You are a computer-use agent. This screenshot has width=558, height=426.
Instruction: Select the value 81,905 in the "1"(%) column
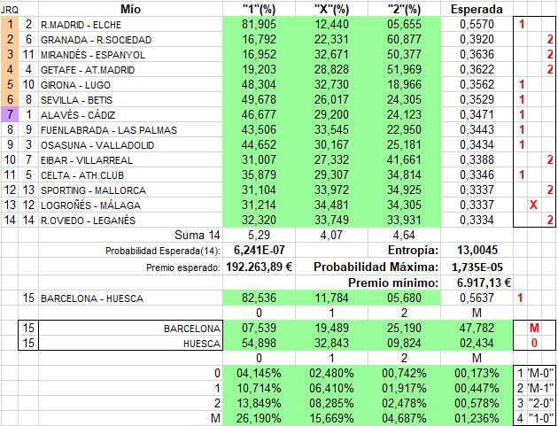pyautogui.click(x=259, y=25)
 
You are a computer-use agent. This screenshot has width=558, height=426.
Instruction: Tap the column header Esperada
pyautogui.click(x=477, y=9)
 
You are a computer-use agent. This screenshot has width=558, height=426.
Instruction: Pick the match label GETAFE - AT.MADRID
pyautogui.click(x=85, y=69)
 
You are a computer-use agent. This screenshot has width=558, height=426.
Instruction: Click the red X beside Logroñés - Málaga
pyautogui.click(x=531, y=205)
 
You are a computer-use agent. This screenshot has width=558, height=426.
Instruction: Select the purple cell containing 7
pyautogui.click(x=9, y=114)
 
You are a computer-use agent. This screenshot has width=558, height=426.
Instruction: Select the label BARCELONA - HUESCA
pyautogui.click(x=92, y=298)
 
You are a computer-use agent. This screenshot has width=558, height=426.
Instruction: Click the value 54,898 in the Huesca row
pyautogui.click(x=259, y=344)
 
